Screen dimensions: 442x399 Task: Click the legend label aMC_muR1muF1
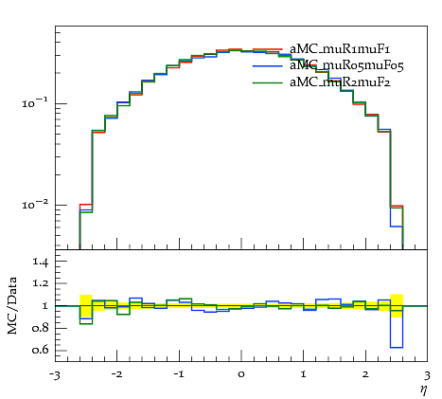[x=340, y=49]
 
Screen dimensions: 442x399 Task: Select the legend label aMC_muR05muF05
[x=346, y=65]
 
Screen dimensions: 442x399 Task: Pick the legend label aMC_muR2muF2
[x=340, y=82]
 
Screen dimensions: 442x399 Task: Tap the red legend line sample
[x=267, y=49]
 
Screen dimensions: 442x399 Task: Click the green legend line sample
[x=267, y=82]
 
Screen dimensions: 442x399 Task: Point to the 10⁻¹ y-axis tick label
[x=35, y=102]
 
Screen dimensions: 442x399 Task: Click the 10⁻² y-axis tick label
[x=35, y=205]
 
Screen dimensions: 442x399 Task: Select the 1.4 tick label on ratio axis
[x=40, y=262]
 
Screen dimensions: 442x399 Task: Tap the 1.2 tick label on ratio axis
[x=40, y=283]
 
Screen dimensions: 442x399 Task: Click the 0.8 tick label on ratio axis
[x=40, y=328]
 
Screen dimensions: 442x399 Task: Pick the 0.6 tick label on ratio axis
[x=40, y=350]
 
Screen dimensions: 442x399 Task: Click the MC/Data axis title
[x=12, y=305]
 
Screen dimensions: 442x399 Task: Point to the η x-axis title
[x=424, y=390]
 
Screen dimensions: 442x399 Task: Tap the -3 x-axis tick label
[x=54, y=375]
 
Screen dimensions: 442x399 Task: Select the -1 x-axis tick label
[x=179, y=374]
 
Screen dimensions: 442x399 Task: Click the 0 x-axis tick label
[x=241, y=374]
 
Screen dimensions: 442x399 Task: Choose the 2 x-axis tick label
[x=365, y=374]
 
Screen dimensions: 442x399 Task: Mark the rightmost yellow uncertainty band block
[x=397, y=306]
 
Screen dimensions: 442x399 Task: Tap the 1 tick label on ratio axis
[x=44, y=306]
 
